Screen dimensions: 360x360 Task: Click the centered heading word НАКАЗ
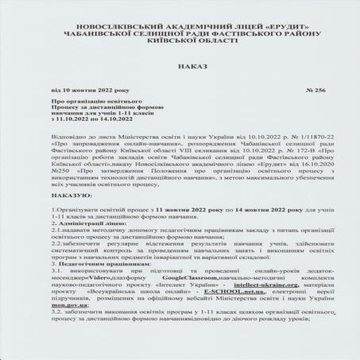point(180,69)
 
